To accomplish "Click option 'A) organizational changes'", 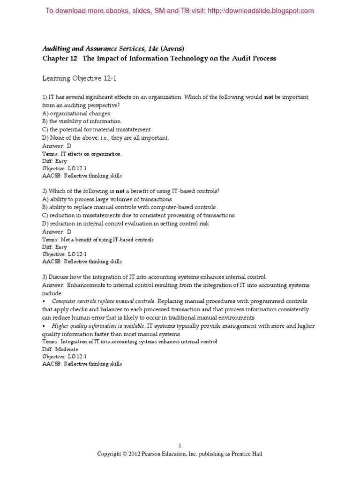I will [76, 113].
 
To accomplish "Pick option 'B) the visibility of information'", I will [82, 121].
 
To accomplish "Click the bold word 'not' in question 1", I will [269, 97].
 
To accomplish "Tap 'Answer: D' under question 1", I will [57, 146].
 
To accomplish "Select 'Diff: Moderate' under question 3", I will [60, 349].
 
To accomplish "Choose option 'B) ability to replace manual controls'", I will [128, 207].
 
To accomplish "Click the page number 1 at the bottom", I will [180, 446].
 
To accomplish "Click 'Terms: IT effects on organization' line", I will [82, 154].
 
